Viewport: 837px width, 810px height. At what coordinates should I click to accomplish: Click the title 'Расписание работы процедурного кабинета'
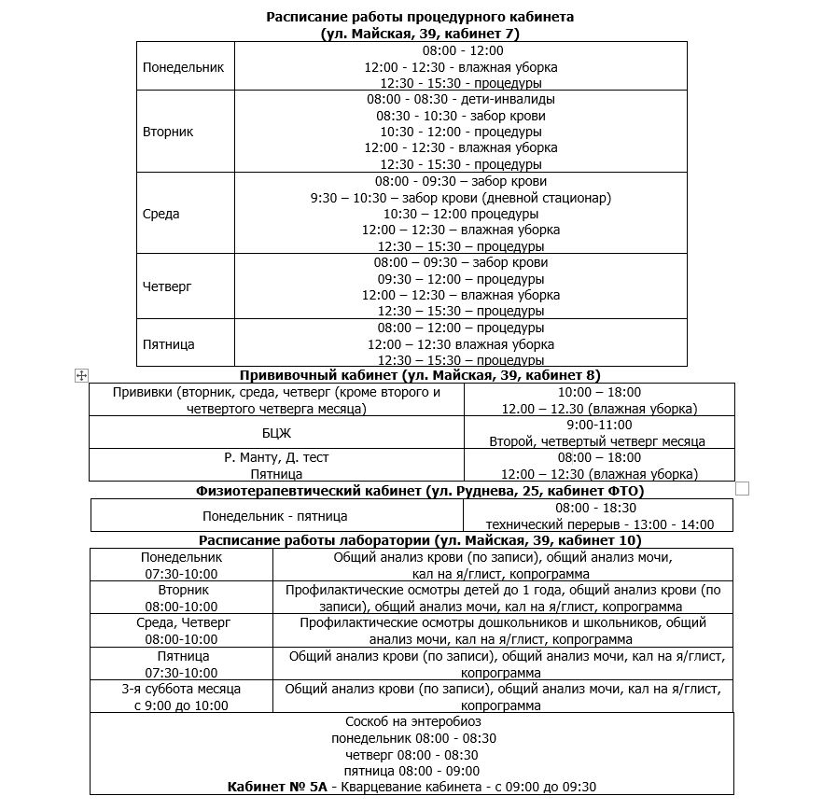pyautogui.click(x=420, y=17)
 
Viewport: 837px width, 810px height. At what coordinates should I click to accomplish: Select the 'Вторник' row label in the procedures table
pyautogui.click(x=168, y=132)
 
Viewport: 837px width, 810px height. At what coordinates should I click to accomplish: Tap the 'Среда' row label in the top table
pyautogui.click(x=161, y=214)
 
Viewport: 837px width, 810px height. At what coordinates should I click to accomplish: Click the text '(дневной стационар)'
pyautogui.click(x=547, y=198)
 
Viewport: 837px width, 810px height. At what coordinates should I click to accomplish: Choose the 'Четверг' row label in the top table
pyautogui.click(x=167, y=286)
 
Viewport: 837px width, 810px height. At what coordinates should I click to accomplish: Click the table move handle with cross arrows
pyautogui.click(x=81, y=374)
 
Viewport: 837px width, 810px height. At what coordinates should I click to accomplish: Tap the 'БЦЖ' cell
pyautogui.click(x=276, y=433)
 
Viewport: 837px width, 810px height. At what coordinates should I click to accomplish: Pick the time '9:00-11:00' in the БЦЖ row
pyautogui.click(x=597, y=425)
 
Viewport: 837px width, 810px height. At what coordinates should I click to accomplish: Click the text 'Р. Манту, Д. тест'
pyautogui.click(x=276, y=457)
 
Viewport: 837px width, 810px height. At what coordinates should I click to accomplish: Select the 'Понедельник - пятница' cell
pyautogui.click(x=275, y=516)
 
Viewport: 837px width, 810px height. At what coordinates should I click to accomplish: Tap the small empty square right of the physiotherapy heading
pyautogui.click(x=743, y=488)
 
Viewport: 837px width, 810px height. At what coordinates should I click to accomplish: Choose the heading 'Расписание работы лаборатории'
pyautogui.click(x=420, y=540)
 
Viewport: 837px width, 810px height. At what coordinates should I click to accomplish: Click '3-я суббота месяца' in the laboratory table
pyautogui.click(x=181, y=689)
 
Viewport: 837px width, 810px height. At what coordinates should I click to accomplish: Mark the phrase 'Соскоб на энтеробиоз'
pyautogui.click(x=413, y=721)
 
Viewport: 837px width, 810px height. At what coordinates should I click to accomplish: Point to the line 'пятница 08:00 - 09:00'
pyautogui.click(x=412, y=771)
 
